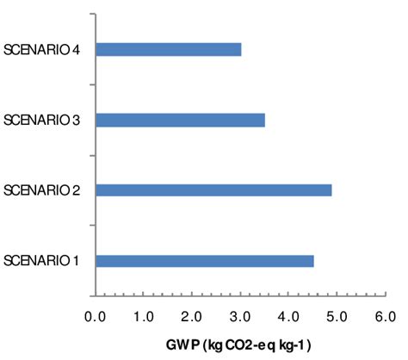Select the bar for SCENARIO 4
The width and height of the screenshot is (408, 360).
[x=168, y=50]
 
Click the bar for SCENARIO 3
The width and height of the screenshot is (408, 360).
[x=180, y=120]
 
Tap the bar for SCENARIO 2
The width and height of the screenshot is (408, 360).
[x=213, y=190]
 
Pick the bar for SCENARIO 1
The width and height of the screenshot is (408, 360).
[x=204, y=261]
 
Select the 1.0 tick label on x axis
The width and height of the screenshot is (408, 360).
[x=144, y=317]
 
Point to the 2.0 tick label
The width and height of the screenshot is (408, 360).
[x=192, y=317]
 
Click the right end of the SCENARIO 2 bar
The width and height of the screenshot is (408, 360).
[x=331, y=190]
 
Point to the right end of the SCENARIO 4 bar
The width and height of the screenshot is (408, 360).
[x=240, y=50]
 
